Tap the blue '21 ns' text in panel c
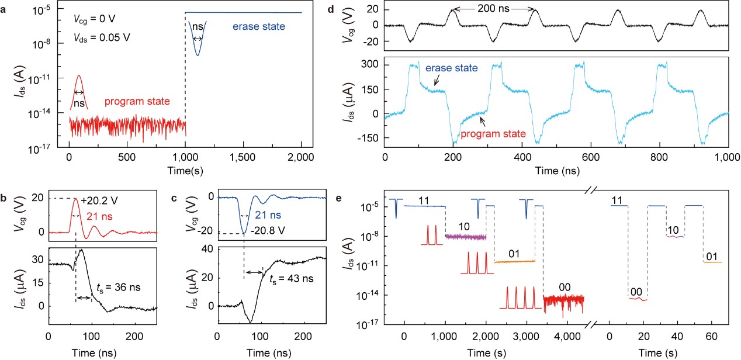[270, 217]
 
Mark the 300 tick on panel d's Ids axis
[370, 63]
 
